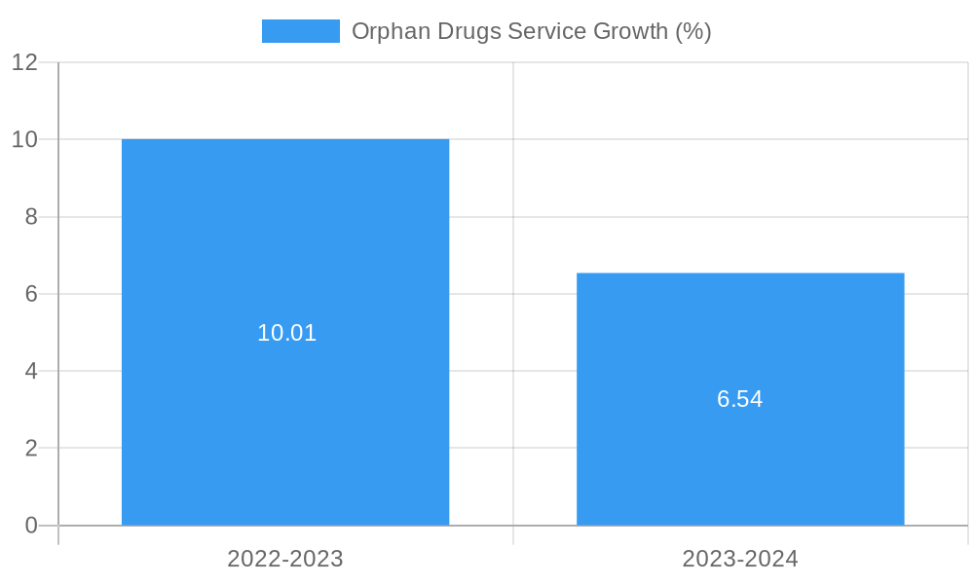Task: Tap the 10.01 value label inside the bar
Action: (x=287, y=333)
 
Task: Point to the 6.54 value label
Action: (x=740, y=399)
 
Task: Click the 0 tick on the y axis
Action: (x=31, y=526)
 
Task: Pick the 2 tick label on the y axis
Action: (x=31, y=449)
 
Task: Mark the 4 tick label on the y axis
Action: (x=31, y=371)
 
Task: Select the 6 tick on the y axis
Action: (x=31, y=294)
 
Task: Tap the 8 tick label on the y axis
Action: (x=31, y=217)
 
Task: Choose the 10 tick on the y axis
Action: (x=25, y=139)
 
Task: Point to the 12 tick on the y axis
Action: (x=25, y=62)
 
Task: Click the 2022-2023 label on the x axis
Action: (x=285, y=559)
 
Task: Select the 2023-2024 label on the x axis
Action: (x=740, y=559)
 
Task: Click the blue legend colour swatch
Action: (x=301, y=31)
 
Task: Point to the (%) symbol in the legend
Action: (x=693, y=31)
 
